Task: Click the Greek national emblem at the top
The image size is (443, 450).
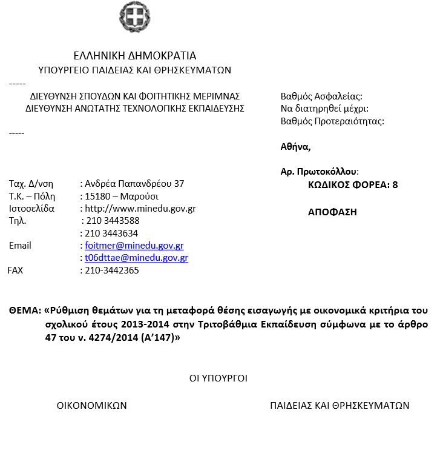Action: (134, 18)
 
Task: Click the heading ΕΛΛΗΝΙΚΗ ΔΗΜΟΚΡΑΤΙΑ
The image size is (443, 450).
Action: (134, 56)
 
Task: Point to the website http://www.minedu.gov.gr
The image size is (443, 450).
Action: (140, 209)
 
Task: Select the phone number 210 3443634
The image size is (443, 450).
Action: (111, 233)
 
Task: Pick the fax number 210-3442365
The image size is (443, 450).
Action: (111, 270)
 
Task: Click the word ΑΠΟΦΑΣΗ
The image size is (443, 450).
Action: (332, 212)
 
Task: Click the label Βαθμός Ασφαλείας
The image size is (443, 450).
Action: (321, 96)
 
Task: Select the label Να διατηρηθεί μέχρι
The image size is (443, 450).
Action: (324, 109)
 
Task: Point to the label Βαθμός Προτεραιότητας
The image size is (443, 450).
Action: (332, 121)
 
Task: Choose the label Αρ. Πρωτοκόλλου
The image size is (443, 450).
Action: (320, 172)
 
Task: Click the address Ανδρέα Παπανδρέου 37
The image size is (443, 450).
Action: (134, 183)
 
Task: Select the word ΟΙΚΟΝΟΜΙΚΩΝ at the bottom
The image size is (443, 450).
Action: (91, 406)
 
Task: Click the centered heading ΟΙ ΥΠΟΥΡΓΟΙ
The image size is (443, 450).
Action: (218, 378)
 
